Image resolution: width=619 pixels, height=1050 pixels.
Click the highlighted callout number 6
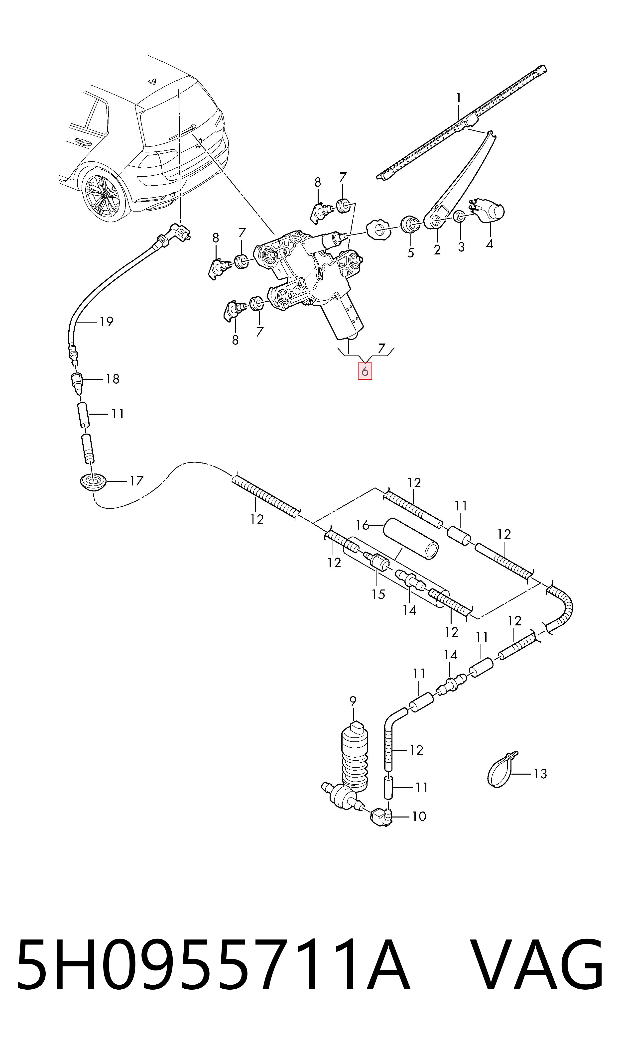click(x=365, y=371)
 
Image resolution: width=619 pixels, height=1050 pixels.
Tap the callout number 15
click(x=378, y=594)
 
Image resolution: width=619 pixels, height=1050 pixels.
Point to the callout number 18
click(x=113, y=379)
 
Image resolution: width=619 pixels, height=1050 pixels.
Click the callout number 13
click(x=540, y=774)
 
